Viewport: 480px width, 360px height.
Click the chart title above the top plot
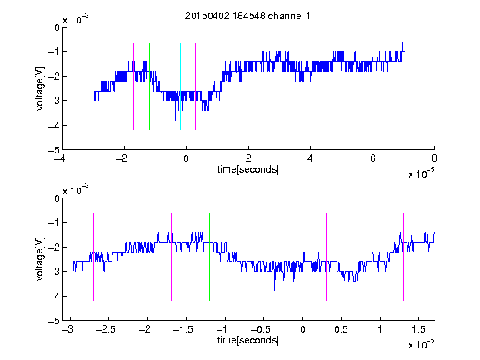coord(247,16)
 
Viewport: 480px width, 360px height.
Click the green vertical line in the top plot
coord(149,87)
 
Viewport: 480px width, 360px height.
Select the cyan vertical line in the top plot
coord(180,87)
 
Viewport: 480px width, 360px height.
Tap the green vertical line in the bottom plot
coord(209,257)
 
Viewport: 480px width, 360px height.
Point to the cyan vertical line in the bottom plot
coord(287,257)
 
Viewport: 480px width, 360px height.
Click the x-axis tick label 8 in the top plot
coord(434,158)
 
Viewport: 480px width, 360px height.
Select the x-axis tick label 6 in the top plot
coord(372,158)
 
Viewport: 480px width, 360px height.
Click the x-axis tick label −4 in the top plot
coord(59,158)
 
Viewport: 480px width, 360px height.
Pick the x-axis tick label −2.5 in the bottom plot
coord(105,329)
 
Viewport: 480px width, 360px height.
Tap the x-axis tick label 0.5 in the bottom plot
coord(341,329)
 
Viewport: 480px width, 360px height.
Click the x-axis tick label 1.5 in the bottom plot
coord(418,329)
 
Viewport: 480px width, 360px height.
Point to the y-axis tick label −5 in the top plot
coord(54,150)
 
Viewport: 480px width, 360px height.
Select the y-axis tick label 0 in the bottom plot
coord(57,198)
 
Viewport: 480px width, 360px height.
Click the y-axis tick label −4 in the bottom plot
coord(54,297)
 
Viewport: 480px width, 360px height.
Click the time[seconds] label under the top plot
coord(248,169)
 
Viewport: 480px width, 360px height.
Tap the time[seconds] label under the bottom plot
coord(248,340)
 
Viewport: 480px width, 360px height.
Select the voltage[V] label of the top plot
coord(40,89)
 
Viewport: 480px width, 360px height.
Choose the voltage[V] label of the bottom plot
coord(40,259)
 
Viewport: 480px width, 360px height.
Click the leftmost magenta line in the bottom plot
coord(93,257)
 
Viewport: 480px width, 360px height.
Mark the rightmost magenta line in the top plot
coord(227,87)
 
